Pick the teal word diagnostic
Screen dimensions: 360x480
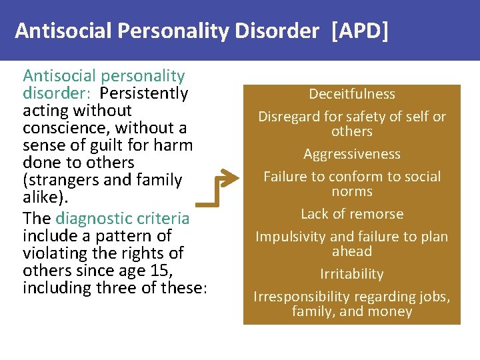pos(94,219)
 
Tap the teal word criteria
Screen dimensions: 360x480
pos(163,219)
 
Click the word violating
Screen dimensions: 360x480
pos(53,253)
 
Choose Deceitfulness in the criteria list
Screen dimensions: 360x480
pos(352,94)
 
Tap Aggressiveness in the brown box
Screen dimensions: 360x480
pos(352,154)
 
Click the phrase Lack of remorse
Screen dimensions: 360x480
pos(352,214)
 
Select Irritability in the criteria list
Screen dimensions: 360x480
pos(352,274)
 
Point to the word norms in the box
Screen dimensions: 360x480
pos(352,191)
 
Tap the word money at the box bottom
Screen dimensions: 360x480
pos(394,311)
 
